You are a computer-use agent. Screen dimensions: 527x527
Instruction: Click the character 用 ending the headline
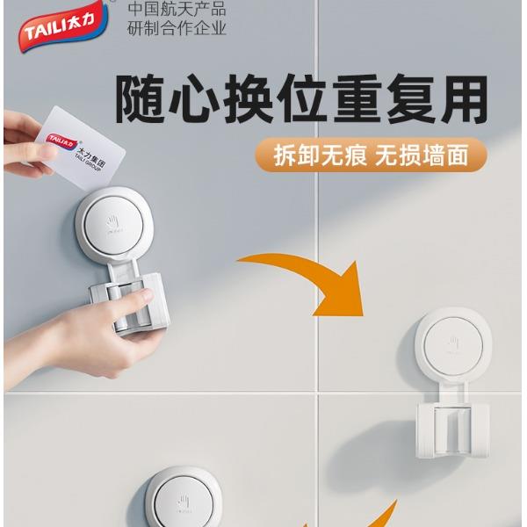(464, 99)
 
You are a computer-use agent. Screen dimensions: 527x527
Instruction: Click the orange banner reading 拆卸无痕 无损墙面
(371, 155)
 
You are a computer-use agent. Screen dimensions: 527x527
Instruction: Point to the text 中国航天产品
(177, 9)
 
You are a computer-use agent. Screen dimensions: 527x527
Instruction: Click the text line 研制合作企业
(177, 28)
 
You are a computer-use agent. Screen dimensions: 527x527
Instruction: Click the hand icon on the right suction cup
(453, 343)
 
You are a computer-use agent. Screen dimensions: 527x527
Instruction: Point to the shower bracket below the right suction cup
(452, 426)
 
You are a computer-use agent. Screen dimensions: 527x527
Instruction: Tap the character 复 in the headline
(410, 99)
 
